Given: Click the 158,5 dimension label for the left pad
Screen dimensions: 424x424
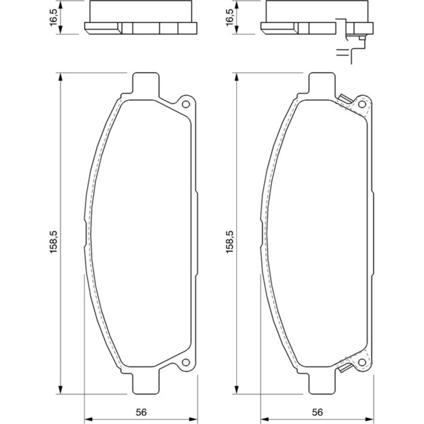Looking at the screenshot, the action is [x=53, y=242].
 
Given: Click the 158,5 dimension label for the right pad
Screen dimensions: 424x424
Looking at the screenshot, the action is [x=229, y=242].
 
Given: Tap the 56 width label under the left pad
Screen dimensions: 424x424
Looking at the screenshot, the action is [x=141, y=413].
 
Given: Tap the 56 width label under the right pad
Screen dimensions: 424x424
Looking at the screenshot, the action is [x=317, y=413].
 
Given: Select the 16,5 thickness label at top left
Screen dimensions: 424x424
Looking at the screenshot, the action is [x=53, y=17].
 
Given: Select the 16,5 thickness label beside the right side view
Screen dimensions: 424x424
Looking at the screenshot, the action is [x=229, y=17].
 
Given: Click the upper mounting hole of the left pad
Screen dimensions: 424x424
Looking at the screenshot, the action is [x=186, y=104].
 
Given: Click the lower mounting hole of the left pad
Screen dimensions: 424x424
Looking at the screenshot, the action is [x=186, y=363].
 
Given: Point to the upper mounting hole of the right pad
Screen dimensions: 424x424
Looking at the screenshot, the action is [x=362, y=104].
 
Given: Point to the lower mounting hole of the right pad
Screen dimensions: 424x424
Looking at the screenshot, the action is [x=362, y=363].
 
